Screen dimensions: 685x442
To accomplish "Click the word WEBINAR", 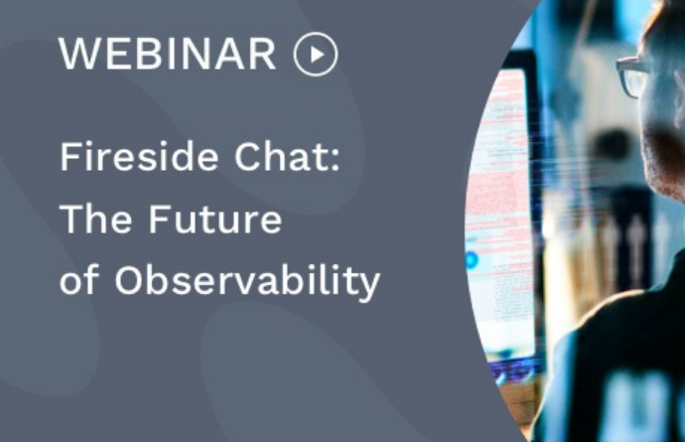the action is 168,54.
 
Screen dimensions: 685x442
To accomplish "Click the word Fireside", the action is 139,156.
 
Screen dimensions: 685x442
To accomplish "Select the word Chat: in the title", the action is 288,156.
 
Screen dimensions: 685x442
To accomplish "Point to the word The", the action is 95,219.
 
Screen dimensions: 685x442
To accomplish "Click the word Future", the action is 215,219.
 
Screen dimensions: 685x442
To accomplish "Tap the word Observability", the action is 247,282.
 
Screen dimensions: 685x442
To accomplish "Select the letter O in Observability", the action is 129,279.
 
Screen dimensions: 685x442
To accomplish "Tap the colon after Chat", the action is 336,158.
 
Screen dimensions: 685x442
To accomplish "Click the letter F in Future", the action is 158,219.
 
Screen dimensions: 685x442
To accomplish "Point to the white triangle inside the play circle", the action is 317,55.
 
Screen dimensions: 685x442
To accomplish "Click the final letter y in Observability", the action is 369,287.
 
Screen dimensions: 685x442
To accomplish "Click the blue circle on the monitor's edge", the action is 472,260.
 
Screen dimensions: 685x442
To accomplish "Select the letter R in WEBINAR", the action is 263,54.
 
